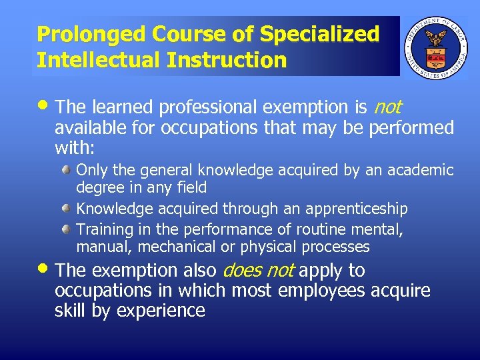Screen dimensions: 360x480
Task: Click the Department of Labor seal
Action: (x=436, y=47)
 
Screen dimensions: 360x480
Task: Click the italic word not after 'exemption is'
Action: (x=388, y=107)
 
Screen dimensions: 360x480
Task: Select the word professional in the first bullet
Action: (x=181, y=107)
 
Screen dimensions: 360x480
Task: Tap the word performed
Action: (x=411, y=127)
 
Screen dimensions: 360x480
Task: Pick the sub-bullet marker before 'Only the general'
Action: (x=67, y=171)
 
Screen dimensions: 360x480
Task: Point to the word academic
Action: (x=420, y=171)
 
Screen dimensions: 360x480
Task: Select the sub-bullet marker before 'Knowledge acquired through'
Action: (x=67, y=209)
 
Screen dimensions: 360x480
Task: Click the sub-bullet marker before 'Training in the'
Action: (x=67, y=230)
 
